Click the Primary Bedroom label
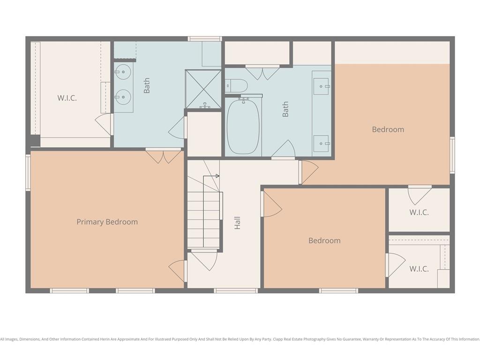click(x=107, y=222)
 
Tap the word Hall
click(x=237, y=223)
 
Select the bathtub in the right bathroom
click(x=243, y=126)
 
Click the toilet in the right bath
click(x=236, y=86)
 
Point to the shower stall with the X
click(x=203, y=89)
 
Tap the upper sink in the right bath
click(x=321, y=86)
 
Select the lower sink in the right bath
click(x=321, y=143)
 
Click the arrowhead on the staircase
click(x=217, y=176)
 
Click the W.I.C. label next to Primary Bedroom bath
click(x=67, y=98)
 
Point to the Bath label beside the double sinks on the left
click(x=147, y=85)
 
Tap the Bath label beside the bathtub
click(x=285, y=109)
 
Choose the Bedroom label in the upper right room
click(x=388, y=129)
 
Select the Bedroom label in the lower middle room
click(x=324, y=240)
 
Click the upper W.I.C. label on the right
click(x=419, y=212)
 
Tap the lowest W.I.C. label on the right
click(x=419, y=269)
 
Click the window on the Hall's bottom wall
click(x=236, y=291)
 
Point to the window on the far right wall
click(x=452, y=155)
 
